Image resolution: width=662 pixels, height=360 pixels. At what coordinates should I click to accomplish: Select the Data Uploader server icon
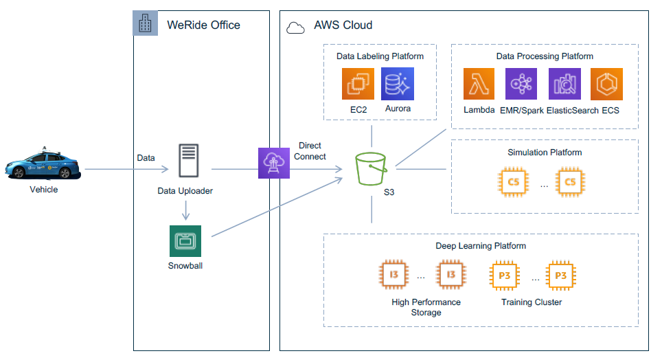pos(188,161)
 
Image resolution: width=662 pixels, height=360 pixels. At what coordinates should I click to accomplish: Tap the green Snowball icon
pos(185,241)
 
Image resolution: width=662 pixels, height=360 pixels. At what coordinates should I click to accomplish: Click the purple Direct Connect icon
pos(274,163)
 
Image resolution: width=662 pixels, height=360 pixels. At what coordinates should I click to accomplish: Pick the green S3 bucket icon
pos(371,169)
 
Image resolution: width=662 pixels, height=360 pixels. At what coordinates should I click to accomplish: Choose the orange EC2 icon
pos(358,84)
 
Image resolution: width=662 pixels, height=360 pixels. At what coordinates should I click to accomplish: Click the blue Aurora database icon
pos(398,84)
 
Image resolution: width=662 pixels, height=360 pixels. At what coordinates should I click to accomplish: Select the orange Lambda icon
pos(479,84)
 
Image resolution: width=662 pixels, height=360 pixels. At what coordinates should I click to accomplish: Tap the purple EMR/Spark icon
pos(521,84)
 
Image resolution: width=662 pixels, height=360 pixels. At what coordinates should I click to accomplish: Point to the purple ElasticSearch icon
pos(565,84)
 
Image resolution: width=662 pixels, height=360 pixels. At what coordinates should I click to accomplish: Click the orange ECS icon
pos(606,84)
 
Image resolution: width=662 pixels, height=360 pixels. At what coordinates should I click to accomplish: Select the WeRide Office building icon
pos(145,23)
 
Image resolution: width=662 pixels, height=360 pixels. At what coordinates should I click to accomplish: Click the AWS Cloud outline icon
pos(295,28)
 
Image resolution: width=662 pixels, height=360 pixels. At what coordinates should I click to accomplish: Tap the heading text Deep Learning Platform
pos(481,246)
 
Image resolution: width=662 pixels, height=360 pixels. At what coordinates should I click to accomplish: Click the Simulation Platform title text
pos(545,153)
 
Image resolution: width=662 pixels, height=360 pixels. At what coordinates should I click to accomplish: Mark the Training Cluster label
pos(532,302)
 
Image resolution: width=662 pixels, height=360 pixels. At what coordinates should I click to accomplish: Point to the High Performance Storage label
pos(426,307)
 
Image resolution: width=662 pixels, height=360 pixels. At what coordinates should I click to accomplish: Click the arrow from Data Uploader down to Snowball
pos(185,210)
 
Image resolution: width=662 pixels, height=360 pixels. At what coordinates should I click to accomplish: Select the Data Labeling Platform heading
pos(380,56)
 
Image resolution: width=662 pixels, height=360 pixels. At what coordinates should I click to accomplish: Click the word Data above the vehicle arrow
pos(146,158)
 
